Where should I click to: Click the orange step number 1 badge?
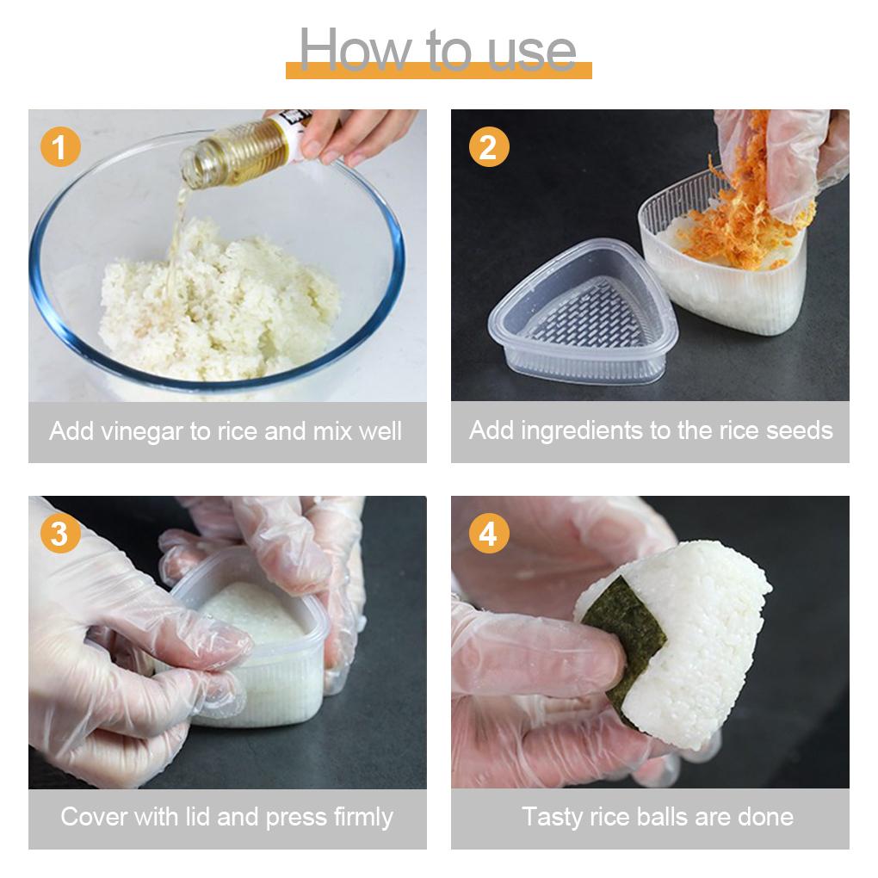coord(60,146)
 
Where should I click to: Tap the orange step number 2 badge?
coord(489,146)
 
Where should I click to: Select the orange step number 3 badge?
coord(60,533)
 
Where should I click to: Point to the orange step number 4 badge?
coord(489,533)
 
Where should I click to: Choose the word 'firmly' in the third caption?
coord(363,818)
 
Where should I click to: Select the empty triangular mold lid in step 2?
coord(583,311)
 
